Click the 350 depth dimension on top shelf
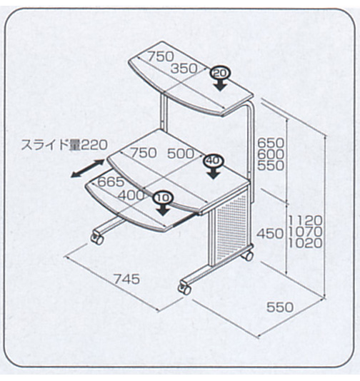[x=184, y=68]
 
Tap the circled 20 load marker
[x=221, y=73]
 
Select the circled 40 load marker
[x=214, y=161]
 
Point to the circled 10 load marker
[x=163, y=198]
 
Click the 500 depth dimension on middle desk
[x=181, y=153]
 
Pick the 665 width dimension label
[x=111, y=182]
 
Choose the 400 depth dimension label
[x=131, y=195]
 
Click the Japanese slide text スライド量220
[x=64, y=145]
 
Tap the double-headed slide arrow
[x=88, y=168]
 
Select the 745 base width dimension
[x=127, y=279]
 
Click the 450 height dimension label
[x=270, y=234]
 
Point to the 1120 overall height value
[x=306, y=220]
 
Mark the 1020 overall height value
[x=306, y=243]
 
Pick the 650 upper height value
[x=271, y=143]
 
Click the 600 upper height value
[x=271, y=154]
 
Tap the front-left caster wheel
[x=97, y=238]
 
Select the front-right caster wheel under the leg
[x=184, y=288]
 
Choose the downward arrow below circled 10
[x=163, y=210]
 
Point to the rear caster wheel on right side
[x=249, y=255]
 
